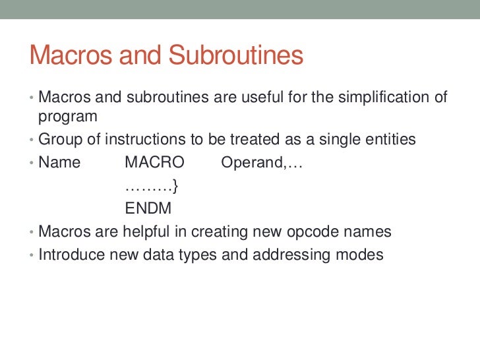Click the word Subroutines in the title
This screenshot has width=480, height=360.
coord(236,56)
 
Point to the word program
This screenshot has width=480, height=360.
coord(68,117)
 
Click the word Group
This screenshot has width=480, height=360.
coord(58,139)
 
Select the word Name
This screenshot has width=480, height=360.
coord(59,162)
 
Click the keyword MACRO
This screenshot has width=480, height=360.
coord(155,162)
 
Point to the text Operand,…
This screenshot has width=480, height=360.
coord(262,163)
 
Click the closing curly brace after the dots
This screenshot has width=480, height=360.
coord(176,186)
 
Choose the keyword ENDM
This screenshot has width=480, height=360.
coord(148,209)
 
